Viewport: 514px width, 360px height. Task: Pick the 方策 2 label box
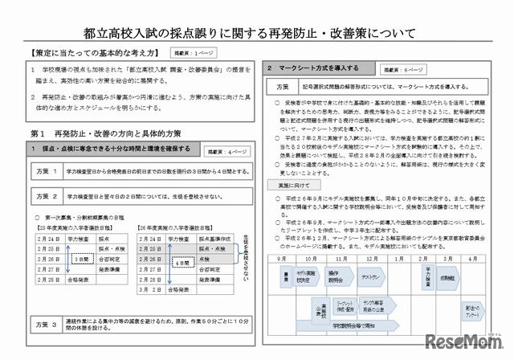tap(47, 196)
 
